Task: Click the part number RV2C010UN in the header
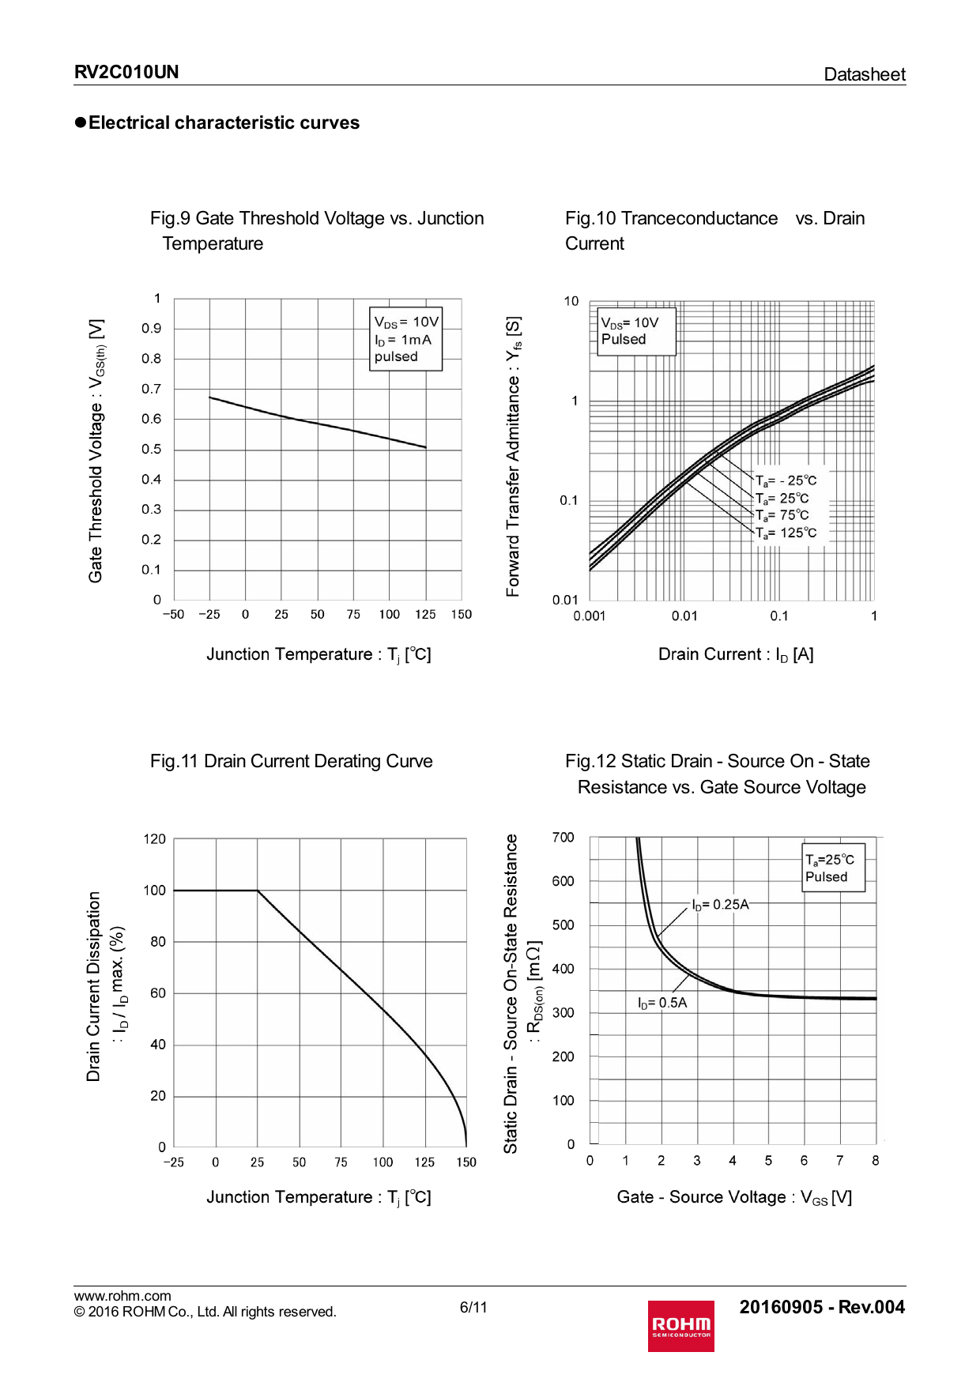coord(126,73)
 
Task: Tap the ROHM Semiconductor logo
coord(680,1325)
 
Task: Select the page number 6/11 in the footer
coord(473,1307)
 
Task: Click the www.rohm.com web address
coord(122,1295)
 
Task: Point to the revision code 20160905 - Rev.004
coord(822,1307)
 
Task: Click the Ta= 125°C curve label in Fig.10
coord(786,533)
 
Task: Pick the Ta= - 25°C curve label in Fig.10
coord(786,480)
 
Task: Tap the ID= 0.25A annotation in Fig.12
coord(720,904)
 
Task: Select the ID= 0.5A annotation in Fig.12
coord(662,1003)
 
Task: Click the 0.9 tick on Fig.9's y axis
coord(151,329)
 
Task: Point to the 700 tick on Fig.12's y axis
coord(563,838)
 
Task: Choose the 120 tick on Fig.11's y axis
coord(155,839)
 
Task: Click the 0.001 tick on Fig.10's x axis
coord(590,616)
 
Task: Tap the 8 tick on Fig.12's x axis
coord(875,1161)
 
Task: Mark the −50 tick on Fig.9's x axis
coord(173,615)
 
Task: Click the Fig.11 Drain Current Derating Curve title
coord(292,761)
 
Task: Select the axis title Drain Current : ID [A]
coord(736,654)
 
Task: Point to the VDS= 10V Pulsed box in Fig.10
coord(636,331)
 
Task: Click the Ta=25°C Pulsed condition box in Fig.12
coord(833,868)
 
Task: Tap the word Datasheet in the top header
coord(865,74)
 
